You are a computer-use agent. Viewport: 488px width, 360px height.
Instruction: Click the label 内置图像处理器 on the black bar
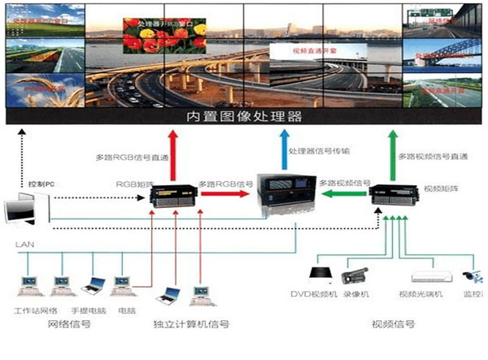(244, 117)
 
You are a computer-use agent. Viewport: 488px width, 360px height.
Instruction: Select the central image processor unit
(284, 195)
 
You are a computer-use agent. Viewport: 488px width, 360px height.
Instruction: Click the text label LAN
(23, 245)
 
